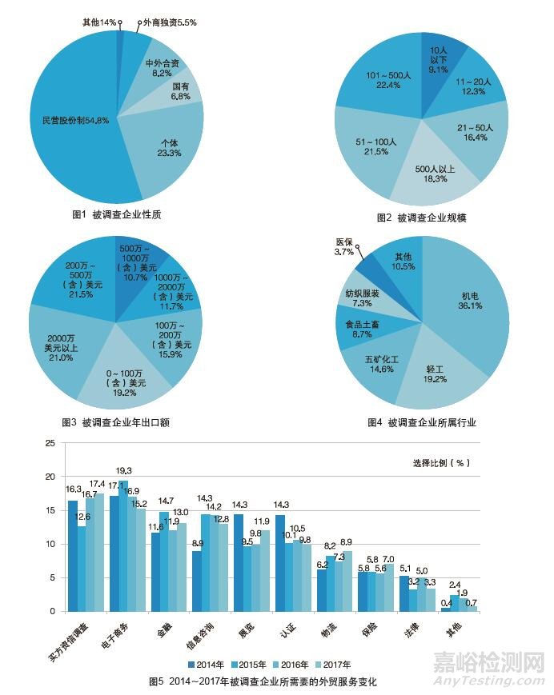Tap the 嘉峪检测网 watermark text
[489, 662]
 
